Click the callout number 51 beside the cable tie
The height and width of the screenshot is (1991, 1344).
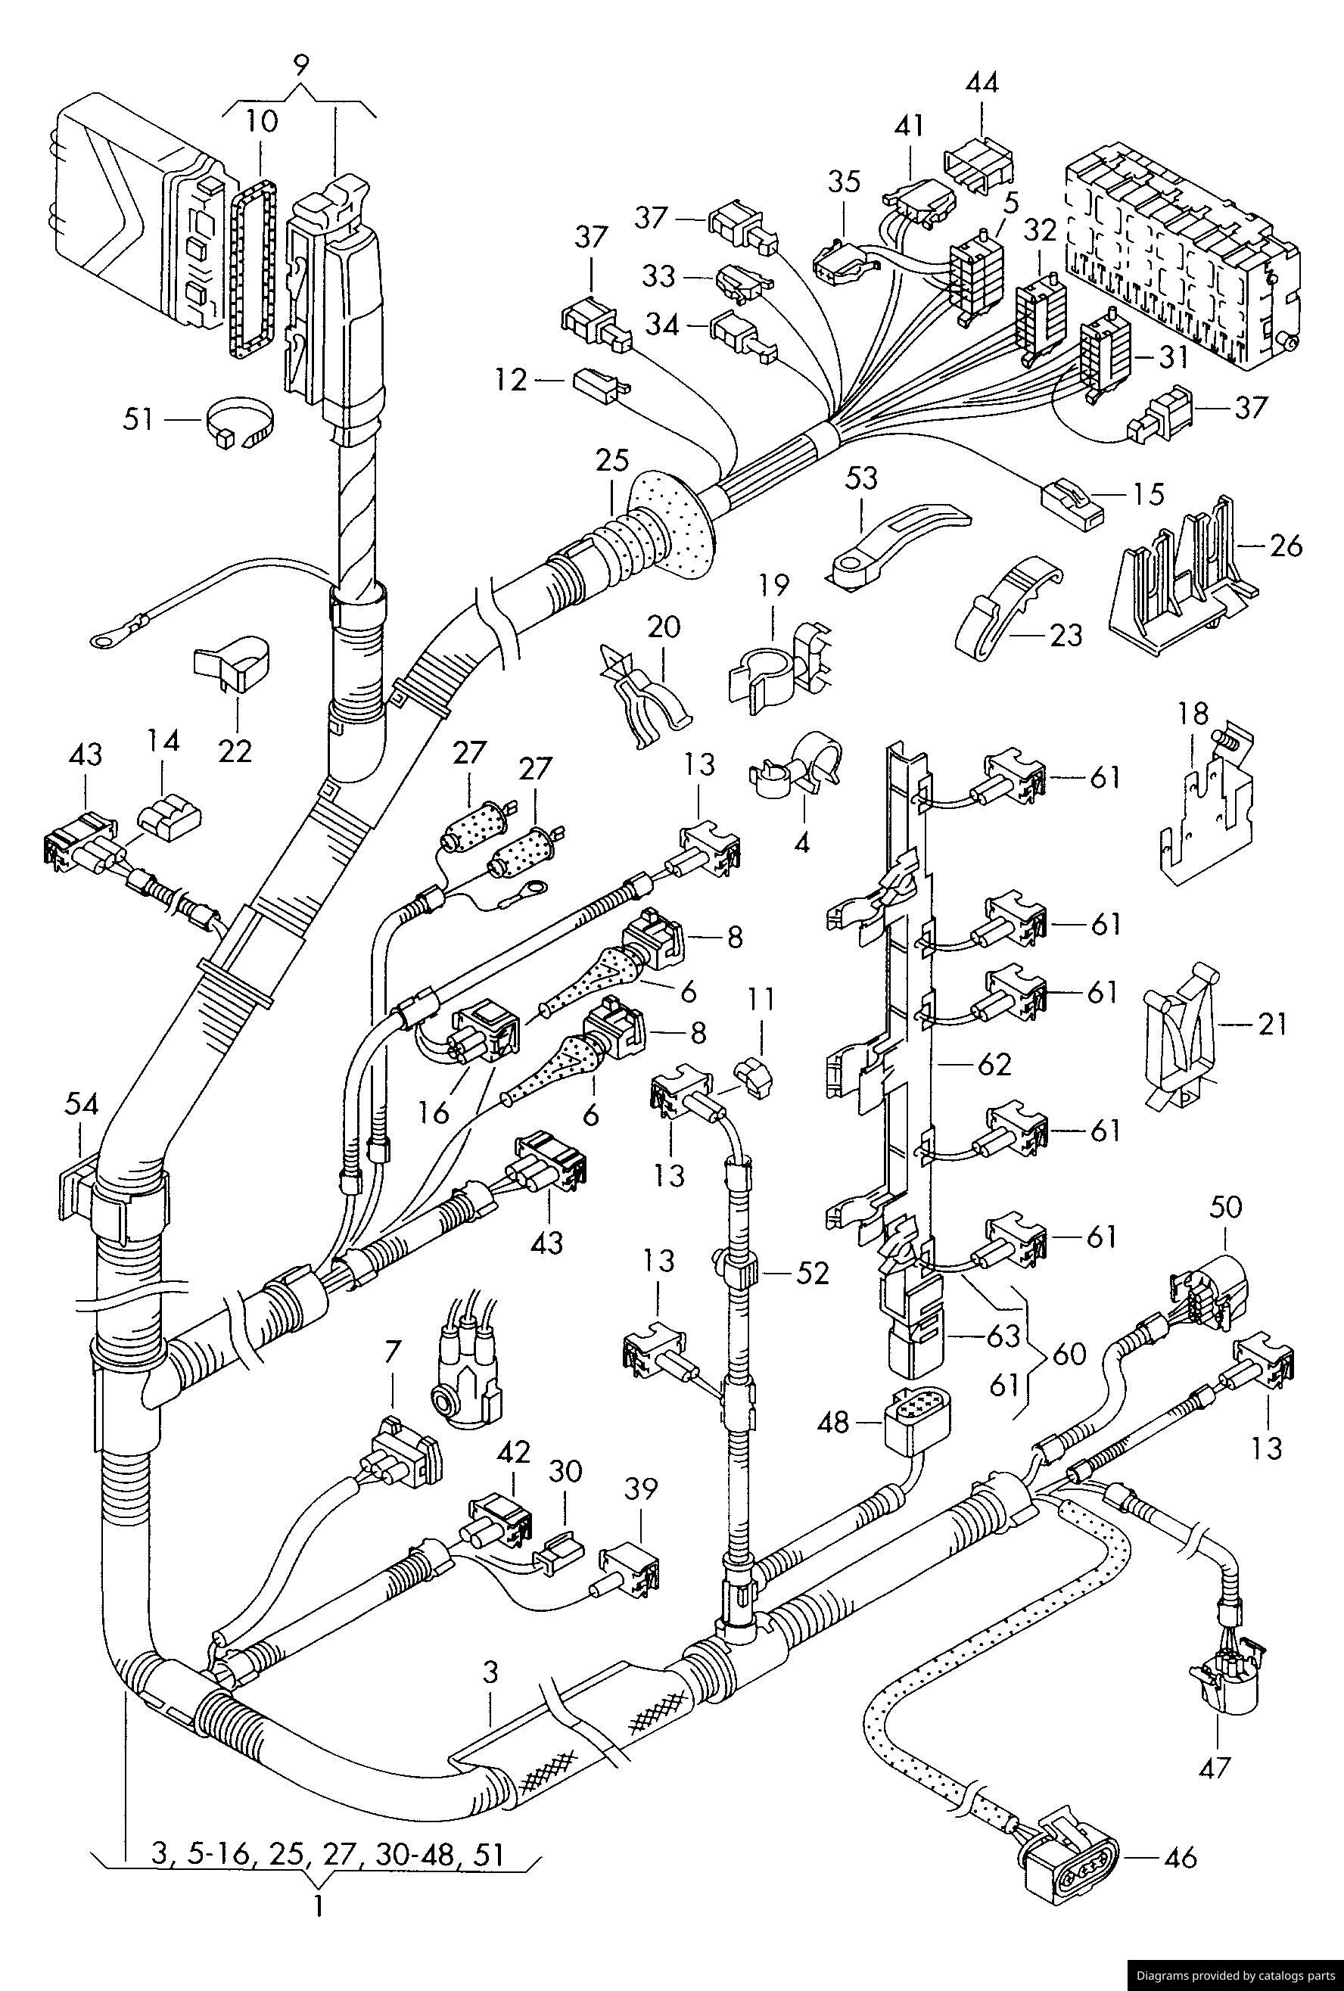coord(138,420)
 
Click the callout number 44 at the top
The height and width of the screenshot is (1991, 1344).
coord(982,83)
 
